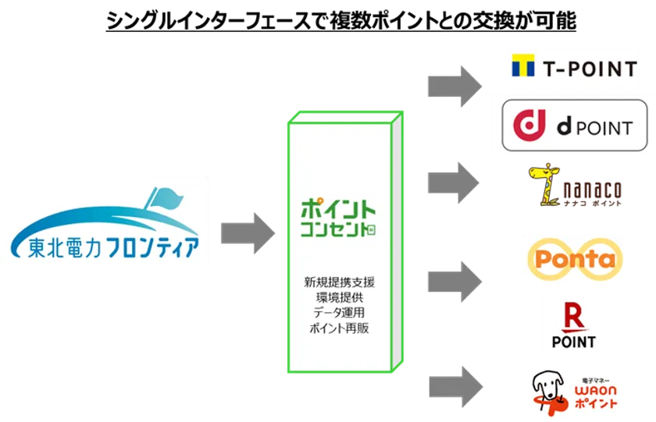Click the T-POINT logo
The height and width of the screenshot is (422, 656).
(574, 69)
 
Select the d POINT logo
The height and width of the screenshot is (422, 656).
(574, 125)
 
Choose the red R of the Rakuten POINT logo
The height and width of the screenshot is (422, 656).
(574, 319)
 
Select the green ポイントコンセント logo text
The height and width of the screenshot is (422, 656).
(339, 220)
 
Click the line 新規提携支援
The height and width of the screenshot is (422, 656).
(339, 282)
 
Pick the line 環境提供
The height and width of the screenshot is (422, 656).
(339, 298)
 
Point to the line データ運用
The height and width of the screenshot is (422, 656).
(339, 314)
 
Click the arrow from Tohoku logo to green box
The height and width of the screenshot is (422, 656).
(247, 234)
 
